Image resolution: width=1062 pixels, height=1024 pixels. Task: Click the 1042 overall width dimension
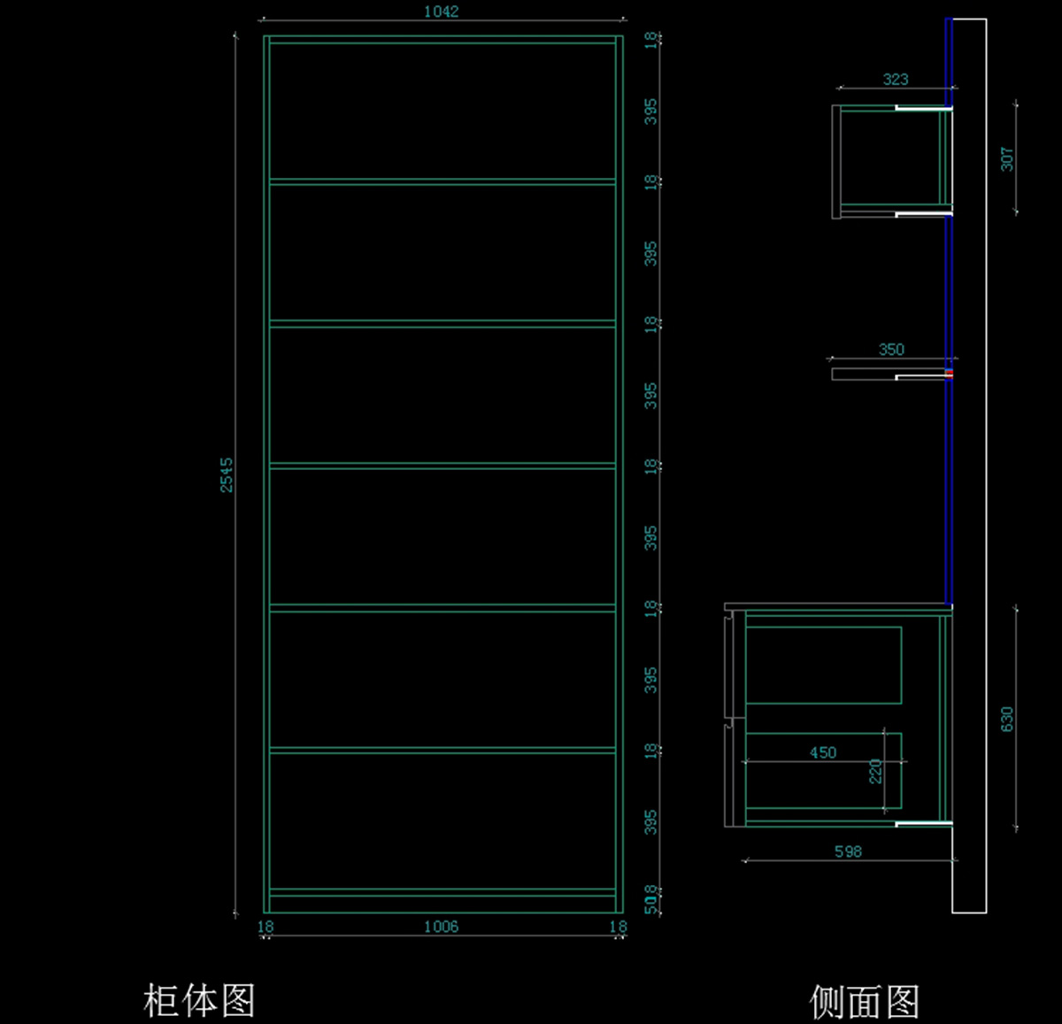[441, 12]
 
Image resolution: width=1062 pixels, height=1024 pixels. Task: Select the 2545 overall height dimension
[227, 474]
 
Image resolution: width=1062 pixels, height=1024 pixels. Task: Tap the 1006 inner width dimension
[441, 927]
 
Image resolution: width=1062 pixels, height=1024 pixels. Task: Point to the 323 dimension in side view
[895, 79]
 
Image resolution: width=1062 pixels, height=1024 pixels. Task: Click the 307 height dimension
[1007, 159]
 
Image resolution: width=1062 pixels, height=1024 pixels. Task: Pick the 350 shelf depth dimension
[891, 350]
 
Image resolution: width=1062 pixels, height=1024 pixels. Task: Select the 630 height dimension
[1007, 719]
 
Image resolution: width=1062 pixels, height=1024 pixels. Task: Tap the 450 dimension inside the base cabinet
[822, 752]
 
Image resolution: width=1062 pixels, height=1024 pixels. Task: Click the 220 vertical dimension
[875, 771]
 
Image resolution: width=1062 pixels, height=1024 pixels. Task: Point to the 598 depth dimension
[847, 851]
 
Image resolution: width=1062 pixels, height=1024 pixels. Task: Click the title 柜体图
[199, 1001]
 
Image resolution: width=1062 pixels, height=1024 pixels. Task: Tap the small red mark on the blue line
[949, 373]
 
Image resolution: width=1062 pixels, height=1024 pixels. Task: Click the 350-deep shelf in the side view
[863, 374]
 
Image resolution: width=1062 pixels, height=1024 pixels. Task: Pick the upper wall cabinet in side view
[889, 161]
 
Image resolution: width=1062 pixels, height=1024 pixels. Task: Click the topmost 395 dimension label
[651, 112]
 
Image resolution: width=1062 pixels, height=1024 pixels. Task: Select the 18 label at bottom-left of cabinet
[265, 927]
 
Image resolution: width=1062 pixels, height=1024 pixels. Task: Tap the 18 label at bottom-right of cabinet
[618, 927]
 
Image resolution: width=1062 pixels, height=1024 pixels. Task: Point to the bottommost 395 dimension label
[651, 822]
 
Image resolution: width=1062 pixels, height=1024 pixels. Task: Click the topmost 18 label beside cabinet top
[651, 40]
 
